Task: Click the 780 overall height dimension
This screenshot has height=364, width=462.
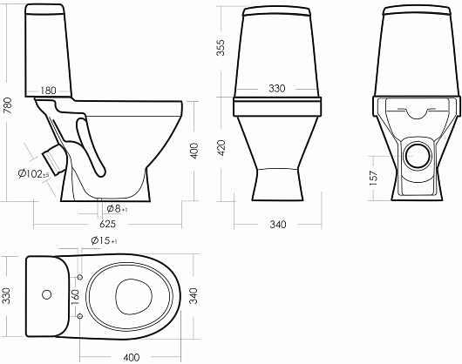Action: coord(8,105)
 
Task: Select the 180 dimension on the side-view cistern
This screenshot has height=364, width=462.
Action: coord(48,91)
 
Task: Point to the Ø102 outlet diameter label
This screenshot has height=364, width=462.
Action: coord(34,174)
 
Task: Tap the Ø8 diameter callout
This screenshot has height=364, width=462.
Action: coord(117,209)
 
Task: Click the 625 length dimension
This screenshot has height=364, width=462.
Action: coord(107,224)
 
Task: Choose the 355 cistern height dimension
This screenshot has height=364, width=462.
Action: coord(221,47)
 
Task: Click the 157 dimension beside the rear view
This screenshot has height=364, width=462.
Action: coord(373,178)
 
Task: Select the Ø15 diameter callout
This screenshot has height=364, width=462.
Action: coord(104,240)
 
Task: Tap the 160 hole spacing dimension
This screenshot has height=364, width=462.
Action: coord(75,297)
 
